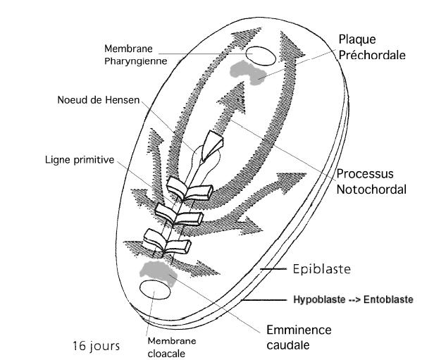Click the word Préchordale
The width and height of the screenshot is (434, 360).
372,54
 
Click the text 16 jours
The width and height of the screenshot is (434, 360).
97,346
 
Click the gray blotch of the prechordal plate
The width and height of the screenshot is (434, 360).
247,70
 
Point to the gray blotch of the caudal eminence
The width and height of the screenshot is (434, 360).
157,269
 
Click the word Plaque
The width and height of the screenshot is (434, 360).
359,39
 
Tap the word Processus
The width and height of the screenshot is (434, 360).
365,173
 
